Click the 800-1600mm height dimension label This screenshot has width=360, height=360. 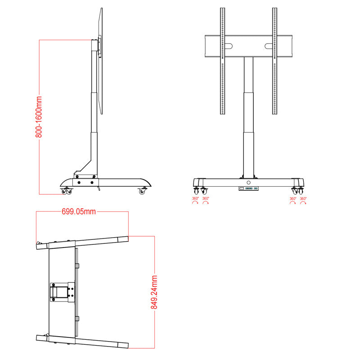39,117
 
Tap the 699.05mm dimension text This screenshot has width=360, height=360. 78,211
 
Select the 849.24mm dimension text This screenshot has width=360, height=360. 154,292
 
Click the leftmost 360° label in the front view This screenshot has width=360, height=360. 195,198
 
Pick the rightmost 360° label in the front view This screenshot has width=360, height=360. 303,198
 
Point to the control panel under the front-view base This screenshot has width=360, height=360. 248,189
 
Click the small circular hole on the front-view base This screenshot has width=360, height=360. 248,183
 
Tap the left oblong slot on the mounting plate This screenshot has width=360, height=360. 229,46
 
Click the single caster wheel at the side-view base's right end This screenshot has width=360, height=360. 143,191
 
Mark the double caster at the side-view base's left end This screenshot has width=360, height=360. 67,191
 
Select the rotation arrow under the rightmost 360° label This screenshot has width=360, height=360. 303,203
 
